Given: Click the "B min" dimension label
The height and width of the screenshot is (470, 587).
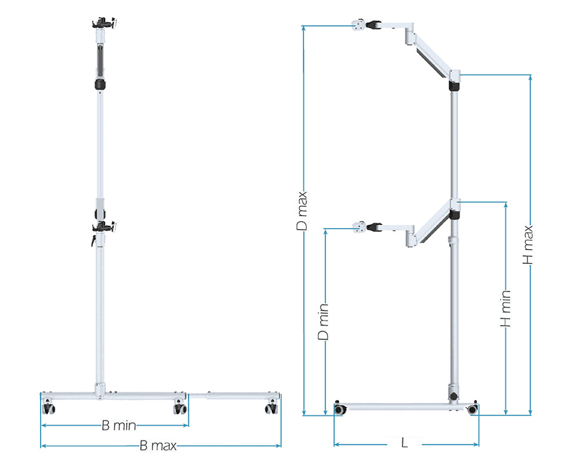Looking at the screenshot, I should click(x=119, y=425).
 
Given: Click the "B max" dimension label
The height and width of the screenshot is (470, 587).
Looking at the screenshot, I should click(x=158, y=446).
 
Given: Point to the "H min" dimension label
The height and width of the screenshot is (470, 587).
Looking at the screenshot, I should click(x=506, y=309).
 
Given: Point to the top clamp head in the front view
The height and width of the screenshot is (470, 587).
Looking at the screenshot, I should click(x=104, y=24).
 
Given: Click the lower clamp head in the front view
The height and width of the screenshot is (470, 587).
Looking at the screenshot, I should click(x=104, y=226).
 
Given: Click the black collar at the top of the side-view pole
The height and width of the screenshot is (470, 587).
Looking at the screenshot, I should click(x=453, y=86).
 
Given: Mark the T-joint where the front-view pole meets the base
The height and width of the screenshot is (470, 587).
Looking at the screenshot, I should click(x=100, y=390).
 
